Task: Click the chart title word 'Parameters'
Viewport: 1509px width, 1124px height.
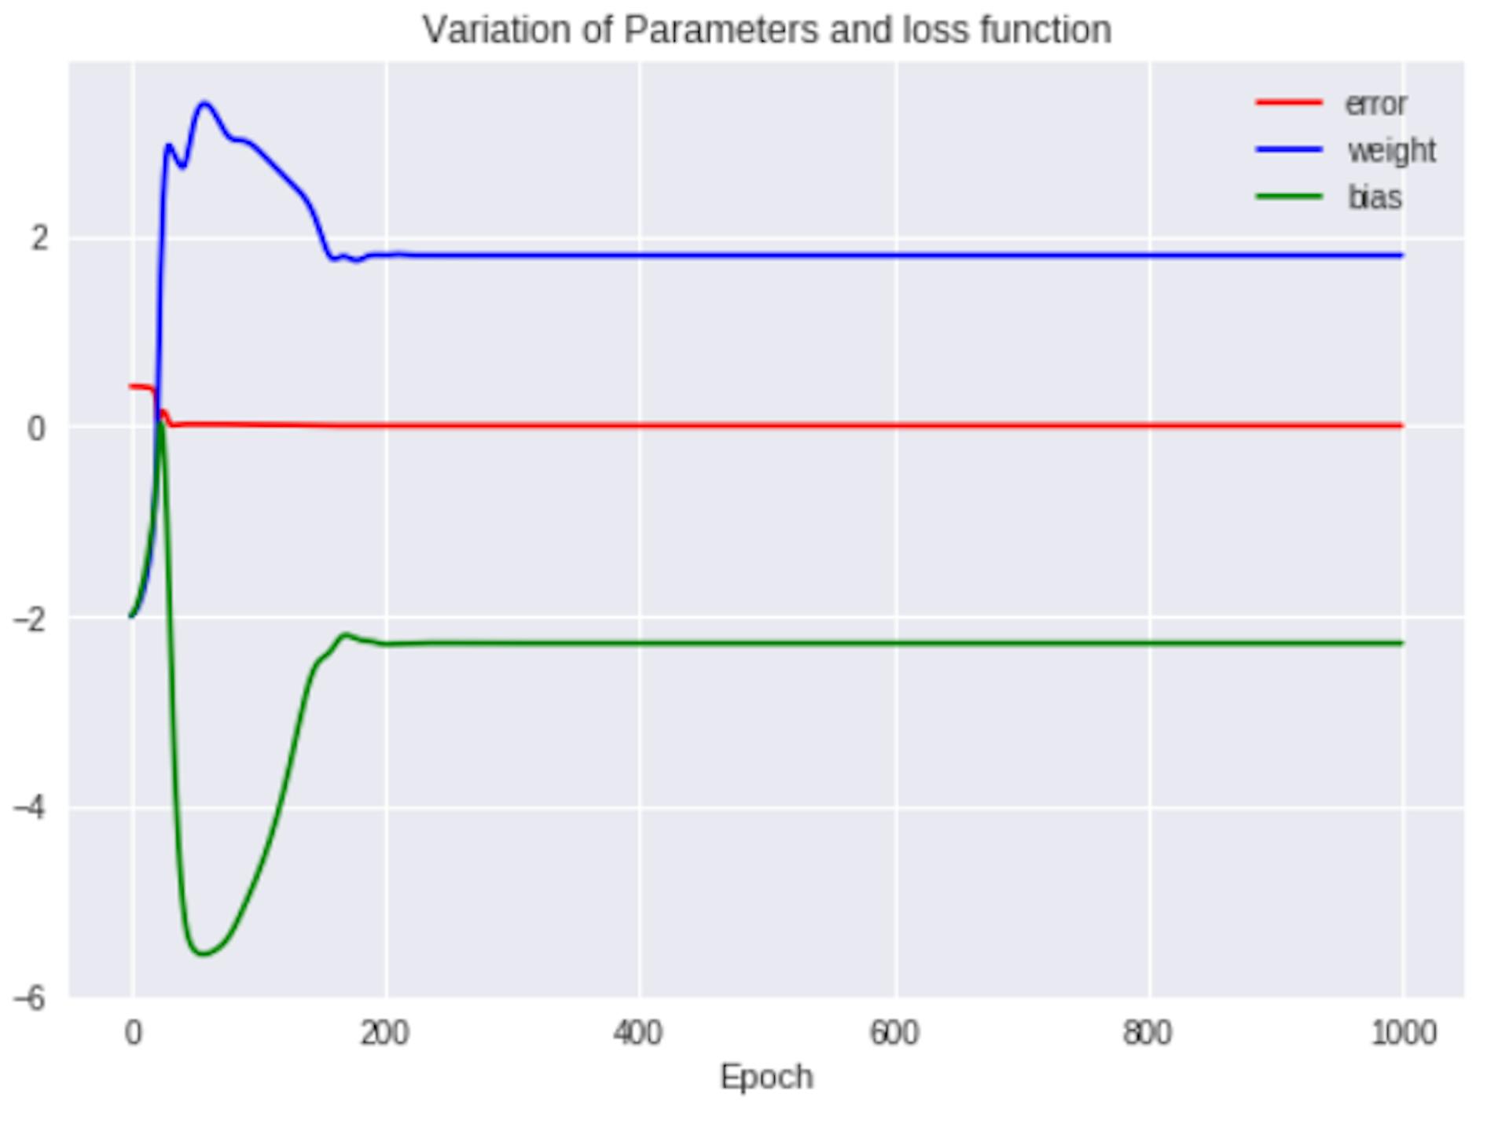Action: coord(720,31)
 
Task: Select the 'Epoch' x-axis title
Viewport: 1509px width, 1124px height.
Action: coord(766,1077)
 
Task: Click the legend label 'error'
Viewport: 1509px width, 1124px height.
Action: coord(1375,104)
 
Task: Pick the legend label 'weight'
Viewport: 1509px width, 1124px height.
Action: coord(1391,150)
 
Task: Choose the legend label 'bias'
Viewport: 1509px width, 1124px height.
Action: coord(1375,197)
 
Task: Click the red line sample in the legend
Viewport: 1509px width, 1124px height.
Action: coord(1289,103)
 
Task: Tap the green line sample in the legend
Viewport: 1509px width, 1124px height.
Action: coord(1289,197)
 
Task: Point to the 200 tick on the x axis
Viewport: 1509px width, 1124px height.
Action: coord(384,1033)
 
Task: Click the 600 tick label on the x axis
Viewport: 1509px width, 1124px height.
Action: coord(894,1033)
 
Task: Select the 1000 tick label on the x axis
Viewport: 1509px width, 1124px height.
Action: coord(1404,1033)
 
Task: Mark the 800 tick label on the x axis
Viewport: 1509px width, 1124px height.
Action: coord(1148,1033)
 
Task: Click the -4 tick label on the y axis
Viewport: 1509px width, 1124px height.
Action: coord(30,808)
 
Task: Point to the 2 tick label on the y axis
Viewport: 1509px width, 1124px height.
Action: coord(39,237)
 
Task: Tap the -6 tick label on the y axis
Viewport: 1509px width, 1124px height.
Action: coord(30,999)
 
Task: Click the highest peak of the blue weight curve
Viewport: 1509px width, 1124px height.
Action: coord(205,103)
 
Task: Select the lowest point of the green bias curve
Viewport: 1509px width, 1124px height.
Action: coord(203,953)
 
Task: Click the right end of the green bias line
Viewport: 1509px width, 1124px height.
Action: coord(1401,643)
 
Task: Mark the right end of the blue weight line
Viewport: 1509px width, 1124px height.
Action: coord(1401,255)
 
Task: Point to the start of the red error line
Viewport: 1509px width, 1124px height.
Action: coord(131,386)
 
